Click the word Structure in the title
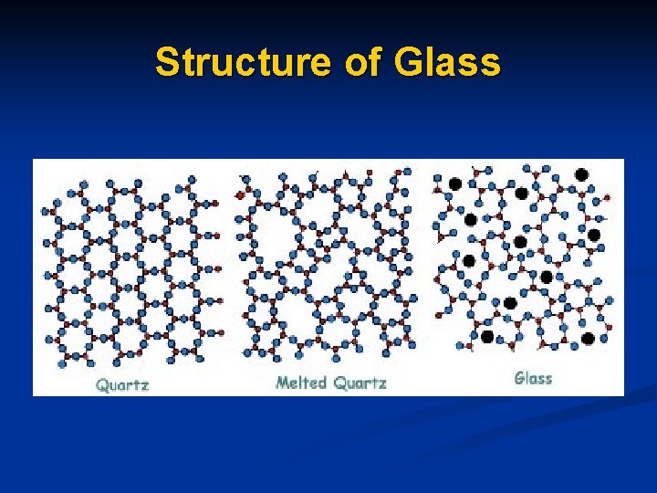242,63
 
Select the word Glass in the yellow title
448,63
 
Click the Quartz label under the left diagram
122,384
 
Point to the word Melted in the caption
302,383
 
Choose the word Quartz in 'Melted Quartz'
360,383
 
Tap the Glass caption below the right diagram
533,378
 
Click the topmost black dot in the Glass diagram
581,174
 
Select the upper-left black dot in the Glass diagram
454,184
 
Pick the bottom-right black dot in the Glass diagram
588,339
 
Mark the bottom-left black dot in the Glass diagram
487,337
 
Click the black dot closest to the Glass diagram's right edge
594,235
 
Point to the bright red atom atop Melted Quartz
241,194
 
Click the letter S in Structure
167,63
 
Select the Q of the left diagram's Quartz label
102,384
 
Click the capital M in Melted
282,383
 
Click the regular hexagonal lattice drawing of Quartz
132,269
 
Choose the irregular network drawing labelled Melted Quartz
326,265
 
